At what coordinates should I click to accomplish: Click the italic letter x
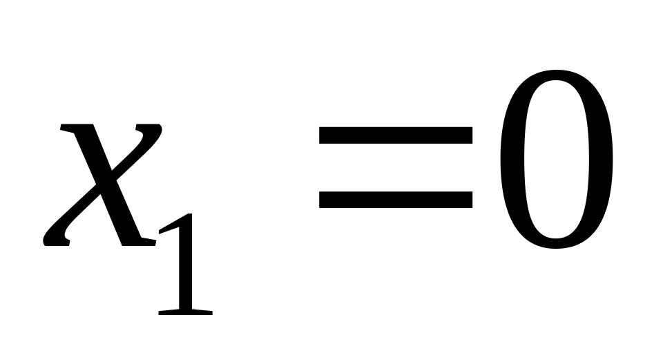[104, 185]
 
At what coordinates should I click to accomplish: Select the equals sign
[396, 167]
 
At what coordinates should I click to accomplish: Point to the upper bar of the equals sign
[396, 135]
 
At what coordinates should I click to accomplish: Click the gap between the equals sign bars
[396, 167]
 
